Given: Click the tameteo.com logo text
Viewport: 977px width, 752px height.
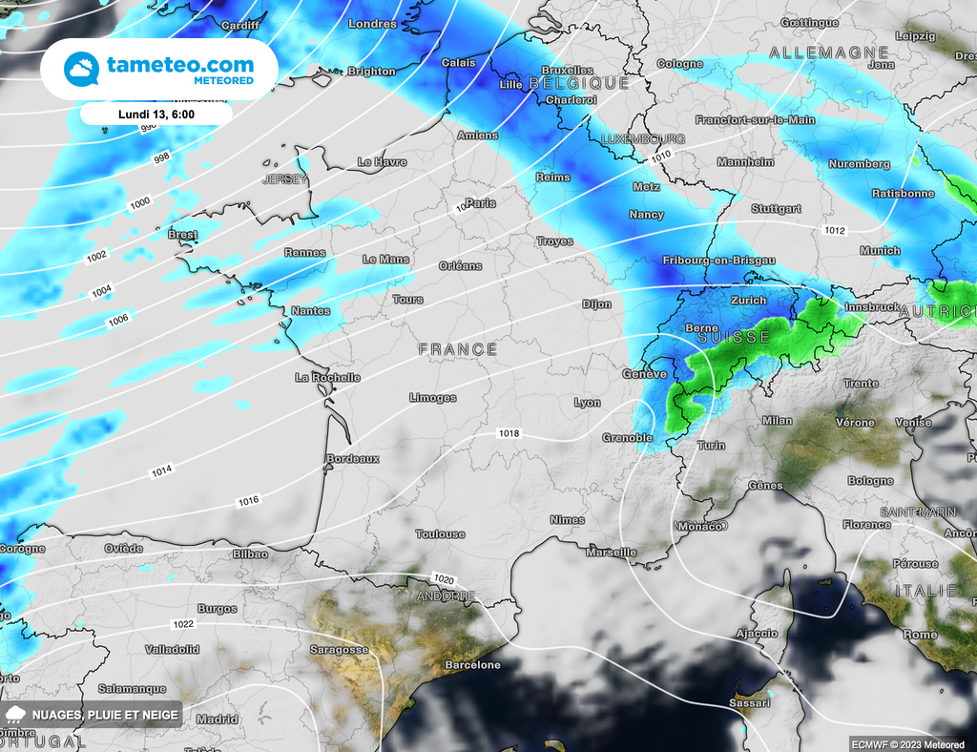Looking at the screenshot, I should click(180, 64).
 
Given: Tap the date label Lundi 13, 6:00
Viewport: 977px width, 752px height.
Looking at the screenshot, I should click(156, 114).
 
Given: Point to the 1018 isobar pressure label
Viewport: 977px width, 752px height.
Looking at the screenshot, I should click(509, 433).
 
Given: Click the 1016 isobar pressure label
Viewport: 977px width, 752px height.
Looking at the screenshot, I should click(249, 501).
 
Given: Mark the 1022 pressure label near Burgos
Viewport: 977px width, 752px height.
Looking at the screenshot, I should click(183, 624).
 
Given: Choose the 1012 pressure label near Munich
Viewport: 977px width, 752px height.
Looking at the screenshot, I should click(835, 230).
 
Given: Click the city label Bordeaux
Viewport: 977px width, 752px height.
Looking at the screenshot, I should click(353, 459).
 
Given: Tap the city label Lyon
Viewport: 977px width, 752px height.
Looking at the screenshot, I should click(587, 403).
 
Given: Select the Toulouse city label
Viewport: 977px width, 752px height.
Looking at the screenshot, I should click(441, 534).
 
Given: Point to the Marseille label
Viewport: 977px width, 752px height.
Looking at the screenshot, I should click(612, 553).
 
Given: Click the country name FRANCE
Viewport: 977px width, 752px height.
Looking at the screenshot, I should click(458, 350).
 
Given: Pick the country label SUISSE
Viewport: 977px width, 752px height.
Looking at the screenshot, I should click(734, 338).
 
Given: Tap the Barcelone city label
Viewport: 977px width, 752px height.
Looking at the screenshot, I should click(472, 665).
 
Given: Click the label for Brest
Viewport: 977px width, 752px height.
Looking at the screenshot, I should click(182, 235).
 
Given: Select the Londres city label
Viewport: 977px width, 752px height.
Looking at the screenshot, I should click(373, 24).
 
